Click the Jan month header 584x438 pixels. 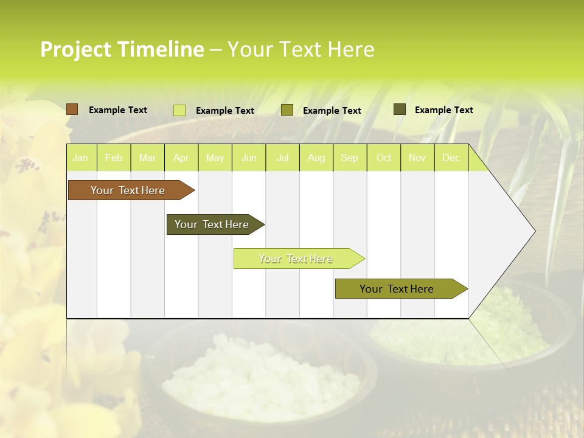pyautogui.click(x=80, y=158)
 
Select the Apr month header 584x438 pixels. pyautogui.click(x=181, y=158)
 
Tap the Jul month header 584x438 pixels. pyautogui.click(x=282, y=158)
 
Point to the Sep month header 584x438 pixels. pyautogui.click(x=349, y=158)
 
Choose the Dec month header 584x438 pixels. pyautogui.click(x=451, y=158)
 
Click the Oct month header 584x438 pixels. pyautogui.click(x=384, y=158)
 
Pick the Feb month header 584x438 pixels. pyautogui.click(x=113, y=158)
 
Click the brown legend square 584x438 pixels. pyautogui.click(x=72, y=109)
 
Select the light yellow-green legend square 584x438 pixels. pyautogui.click(x=179, y=110)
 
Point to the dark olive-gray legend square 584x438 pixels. pyautogui.click(x=399, y=109)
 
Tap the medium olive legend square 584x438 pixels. pyautogui.click(x=287, y=110)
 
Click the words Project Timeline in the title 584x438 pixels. pyautogui.click(x=122, y=49)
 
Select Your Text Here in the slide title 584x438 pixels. pyautogui.click(x=301, y=49)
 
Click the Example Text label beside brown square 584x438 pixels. pyautogui.click(x=118, y=110)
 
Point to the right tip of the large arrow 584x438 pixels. pyautogui.click(x=534, y=231)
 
